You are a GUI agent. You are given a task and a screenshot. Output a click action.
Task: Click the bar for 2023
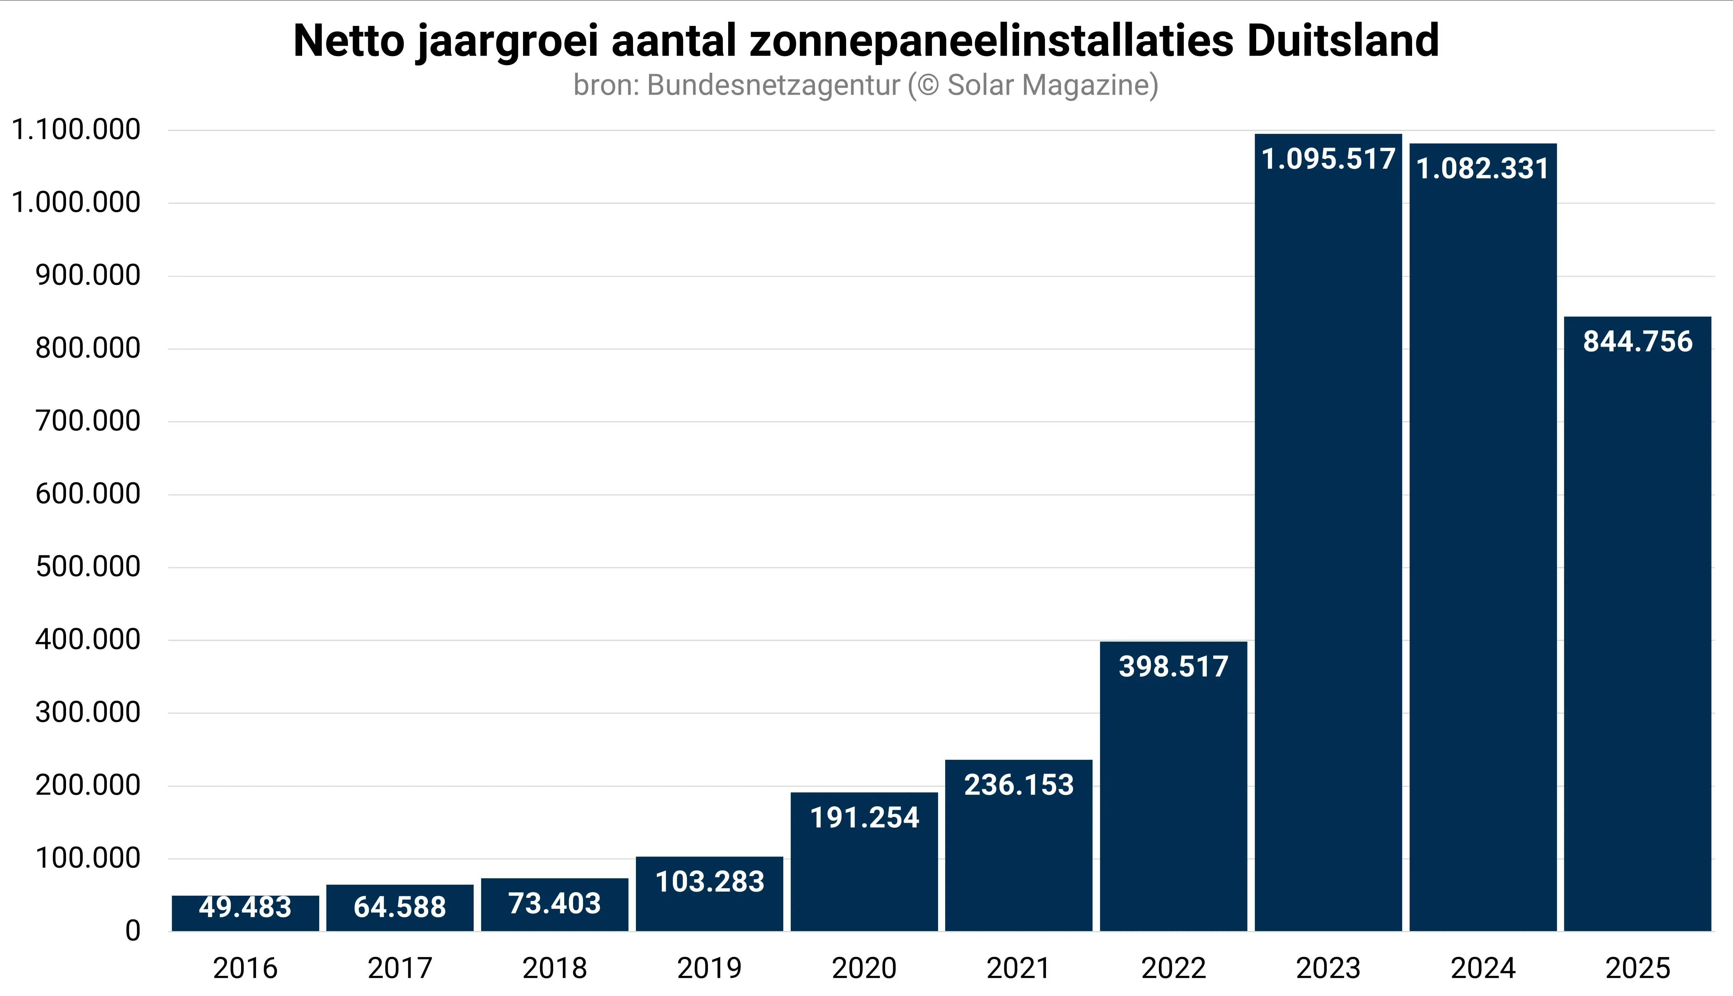tap(1328, 534)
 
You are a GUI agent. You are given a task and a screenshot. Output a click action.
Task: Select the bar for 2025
tap(1637, 622)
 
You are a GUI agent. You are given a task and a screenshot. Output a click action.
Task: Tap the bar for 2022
tap(1173, 787)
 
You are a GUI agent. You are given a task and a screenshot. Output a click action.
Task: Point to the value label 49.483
tap(245, 907)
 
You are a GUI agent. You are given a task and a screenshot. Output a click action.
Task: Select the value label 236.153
tap(1018, 785)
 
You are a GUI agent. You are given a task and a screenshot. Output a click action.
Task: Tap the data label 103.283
tap(709, 882)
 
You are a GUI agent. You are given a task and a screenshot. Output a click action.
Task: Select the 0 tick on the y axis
tap(133, 931)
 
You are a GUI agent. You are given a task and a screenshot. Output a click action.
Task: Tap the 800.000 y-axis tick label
tap(88, 348)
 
